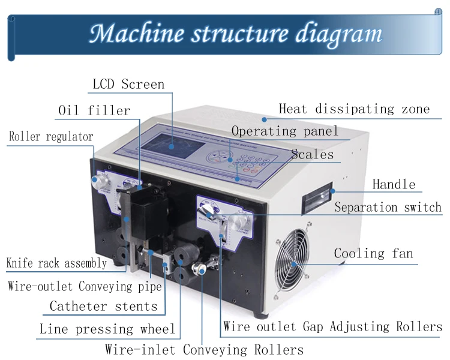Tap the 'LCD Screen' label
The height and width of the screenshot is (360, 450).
click(x=128, y=84)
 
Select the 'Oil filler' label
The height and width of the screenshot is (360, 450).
click(x=94, y=110)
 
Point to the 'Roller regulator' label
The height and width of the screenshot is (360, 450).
click(x=51, y=137)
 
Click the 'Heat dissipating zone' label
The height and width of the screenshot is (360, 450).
click(x=354, y=109)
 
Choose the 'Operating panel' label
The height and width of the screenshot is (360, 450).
click(x=285, y=131)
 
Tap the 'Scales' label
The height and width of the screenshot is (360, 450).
click(x=312, y=154)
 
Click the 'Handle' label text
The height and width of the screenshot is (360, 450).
click(x=394, y=184)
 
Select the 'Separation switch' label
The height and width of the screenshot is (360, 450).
click(x=388, y=208)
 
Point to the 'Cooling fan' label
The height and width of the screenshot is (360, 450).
click(x=373, y=253)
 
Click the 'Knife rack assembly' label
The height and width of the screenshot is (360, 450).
click(x=56, y=263)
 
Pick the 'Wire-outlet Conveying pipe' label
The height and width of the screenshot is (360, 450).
click(x=85, y=286)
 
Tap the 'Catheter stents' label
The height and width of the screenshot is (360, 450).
click(x=103, y=307)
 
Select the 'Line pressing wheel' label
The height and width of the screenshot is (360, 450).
click(x=107, y=329)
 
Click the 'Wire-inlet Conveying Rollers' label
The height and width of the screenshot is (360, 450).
click(x=204, y=349)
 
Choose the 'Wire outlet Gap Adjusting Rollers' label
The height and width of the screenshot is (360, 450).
click(x=332, y=327)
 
